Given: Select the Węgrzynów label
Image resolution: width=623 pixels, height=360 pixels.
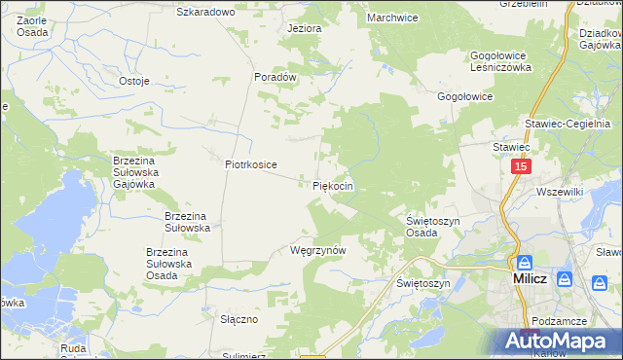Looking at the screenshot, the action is [318, 250].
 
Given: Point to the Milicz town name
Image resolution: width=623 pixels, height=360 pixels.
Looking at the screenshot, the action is [533, 279].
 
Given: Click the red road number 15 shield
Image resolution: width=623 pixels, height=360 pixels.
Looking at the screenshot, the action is [521, 167].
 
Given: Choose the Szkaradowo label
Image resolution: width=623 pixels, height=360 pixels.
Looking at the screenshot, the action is [205, 12].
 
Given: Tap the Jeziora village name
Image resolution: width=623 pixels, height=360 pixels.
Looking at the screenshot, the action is [304, 28].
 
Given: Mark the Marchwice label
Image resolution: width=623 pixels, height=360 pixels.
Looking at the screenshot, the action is [392, 17].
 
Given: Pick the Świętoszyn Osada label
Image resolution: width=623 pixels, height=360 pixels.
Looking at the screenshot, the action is [432, 227].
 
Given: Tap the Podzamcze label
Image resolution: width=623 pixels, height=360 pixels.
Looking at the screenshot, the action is [560, 320].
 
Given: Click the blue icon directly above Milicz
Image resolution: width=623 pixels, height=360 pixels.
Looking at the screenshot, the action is [525, 262].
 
